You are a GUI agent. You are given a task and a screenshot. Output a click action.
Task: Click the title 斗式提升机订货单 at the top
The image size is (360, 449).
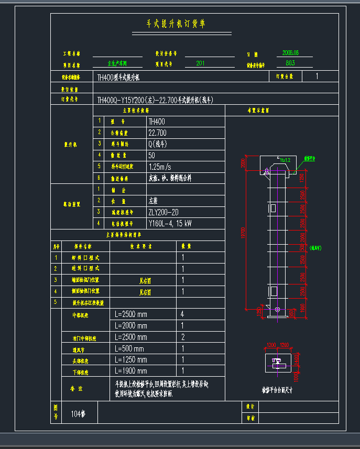tap(176, 24)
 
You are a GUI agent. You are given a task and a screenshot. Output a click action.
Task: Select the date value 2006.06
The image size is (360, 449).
tap(290, 53)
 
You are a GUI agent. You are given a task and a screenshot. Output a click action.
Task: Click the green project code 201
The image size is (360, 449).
tap(200, 63)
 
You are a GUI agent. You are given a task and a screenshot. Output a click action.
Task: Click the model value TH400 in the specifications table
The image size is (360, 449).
tap(157, 122)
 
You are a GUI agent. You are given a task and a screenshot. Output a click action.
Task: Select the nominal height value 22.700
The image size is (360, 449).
tap(158, 133)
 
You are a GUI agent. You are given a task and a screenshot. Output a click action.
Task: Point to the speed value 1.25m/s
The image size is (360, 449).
tap(160, 167)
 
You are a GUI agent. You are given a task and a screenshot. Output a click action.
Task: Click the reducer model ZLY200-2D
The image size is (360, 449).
tap(163, 212)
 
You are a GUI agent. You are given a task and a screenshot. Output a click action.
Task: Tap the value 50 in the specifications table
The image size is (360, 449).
tap(152, 156)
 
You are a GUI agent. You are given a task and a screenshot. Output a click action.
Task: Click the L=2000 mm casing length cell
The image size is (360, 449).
tap(131, 326)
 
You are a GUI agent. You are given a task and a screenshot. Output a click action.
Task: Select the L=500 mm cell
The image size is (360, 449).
tap(129, 348)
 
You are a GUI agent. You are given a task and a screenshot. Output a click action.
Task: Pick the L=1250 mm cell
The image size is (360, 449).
tap(131, 359)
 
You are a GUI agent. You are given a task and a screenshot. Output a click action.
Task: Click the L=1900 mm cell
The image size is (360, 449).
tap(131, 371)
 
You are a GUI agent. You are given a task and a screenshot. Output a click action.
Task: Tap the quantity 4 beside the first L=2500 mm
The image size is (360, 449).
tap(182, 314)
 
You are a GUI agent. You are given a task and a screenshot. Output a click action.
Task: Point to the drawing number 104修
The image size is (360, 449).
tap(78, 414)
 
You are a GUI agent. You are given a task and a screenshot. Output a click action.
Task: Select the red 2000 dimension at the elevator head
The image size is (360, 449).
tap(243, 163)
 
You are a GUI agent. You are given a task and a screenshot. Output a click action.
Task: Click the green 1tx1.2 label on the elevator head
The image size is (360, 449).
tap(285, 160)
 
